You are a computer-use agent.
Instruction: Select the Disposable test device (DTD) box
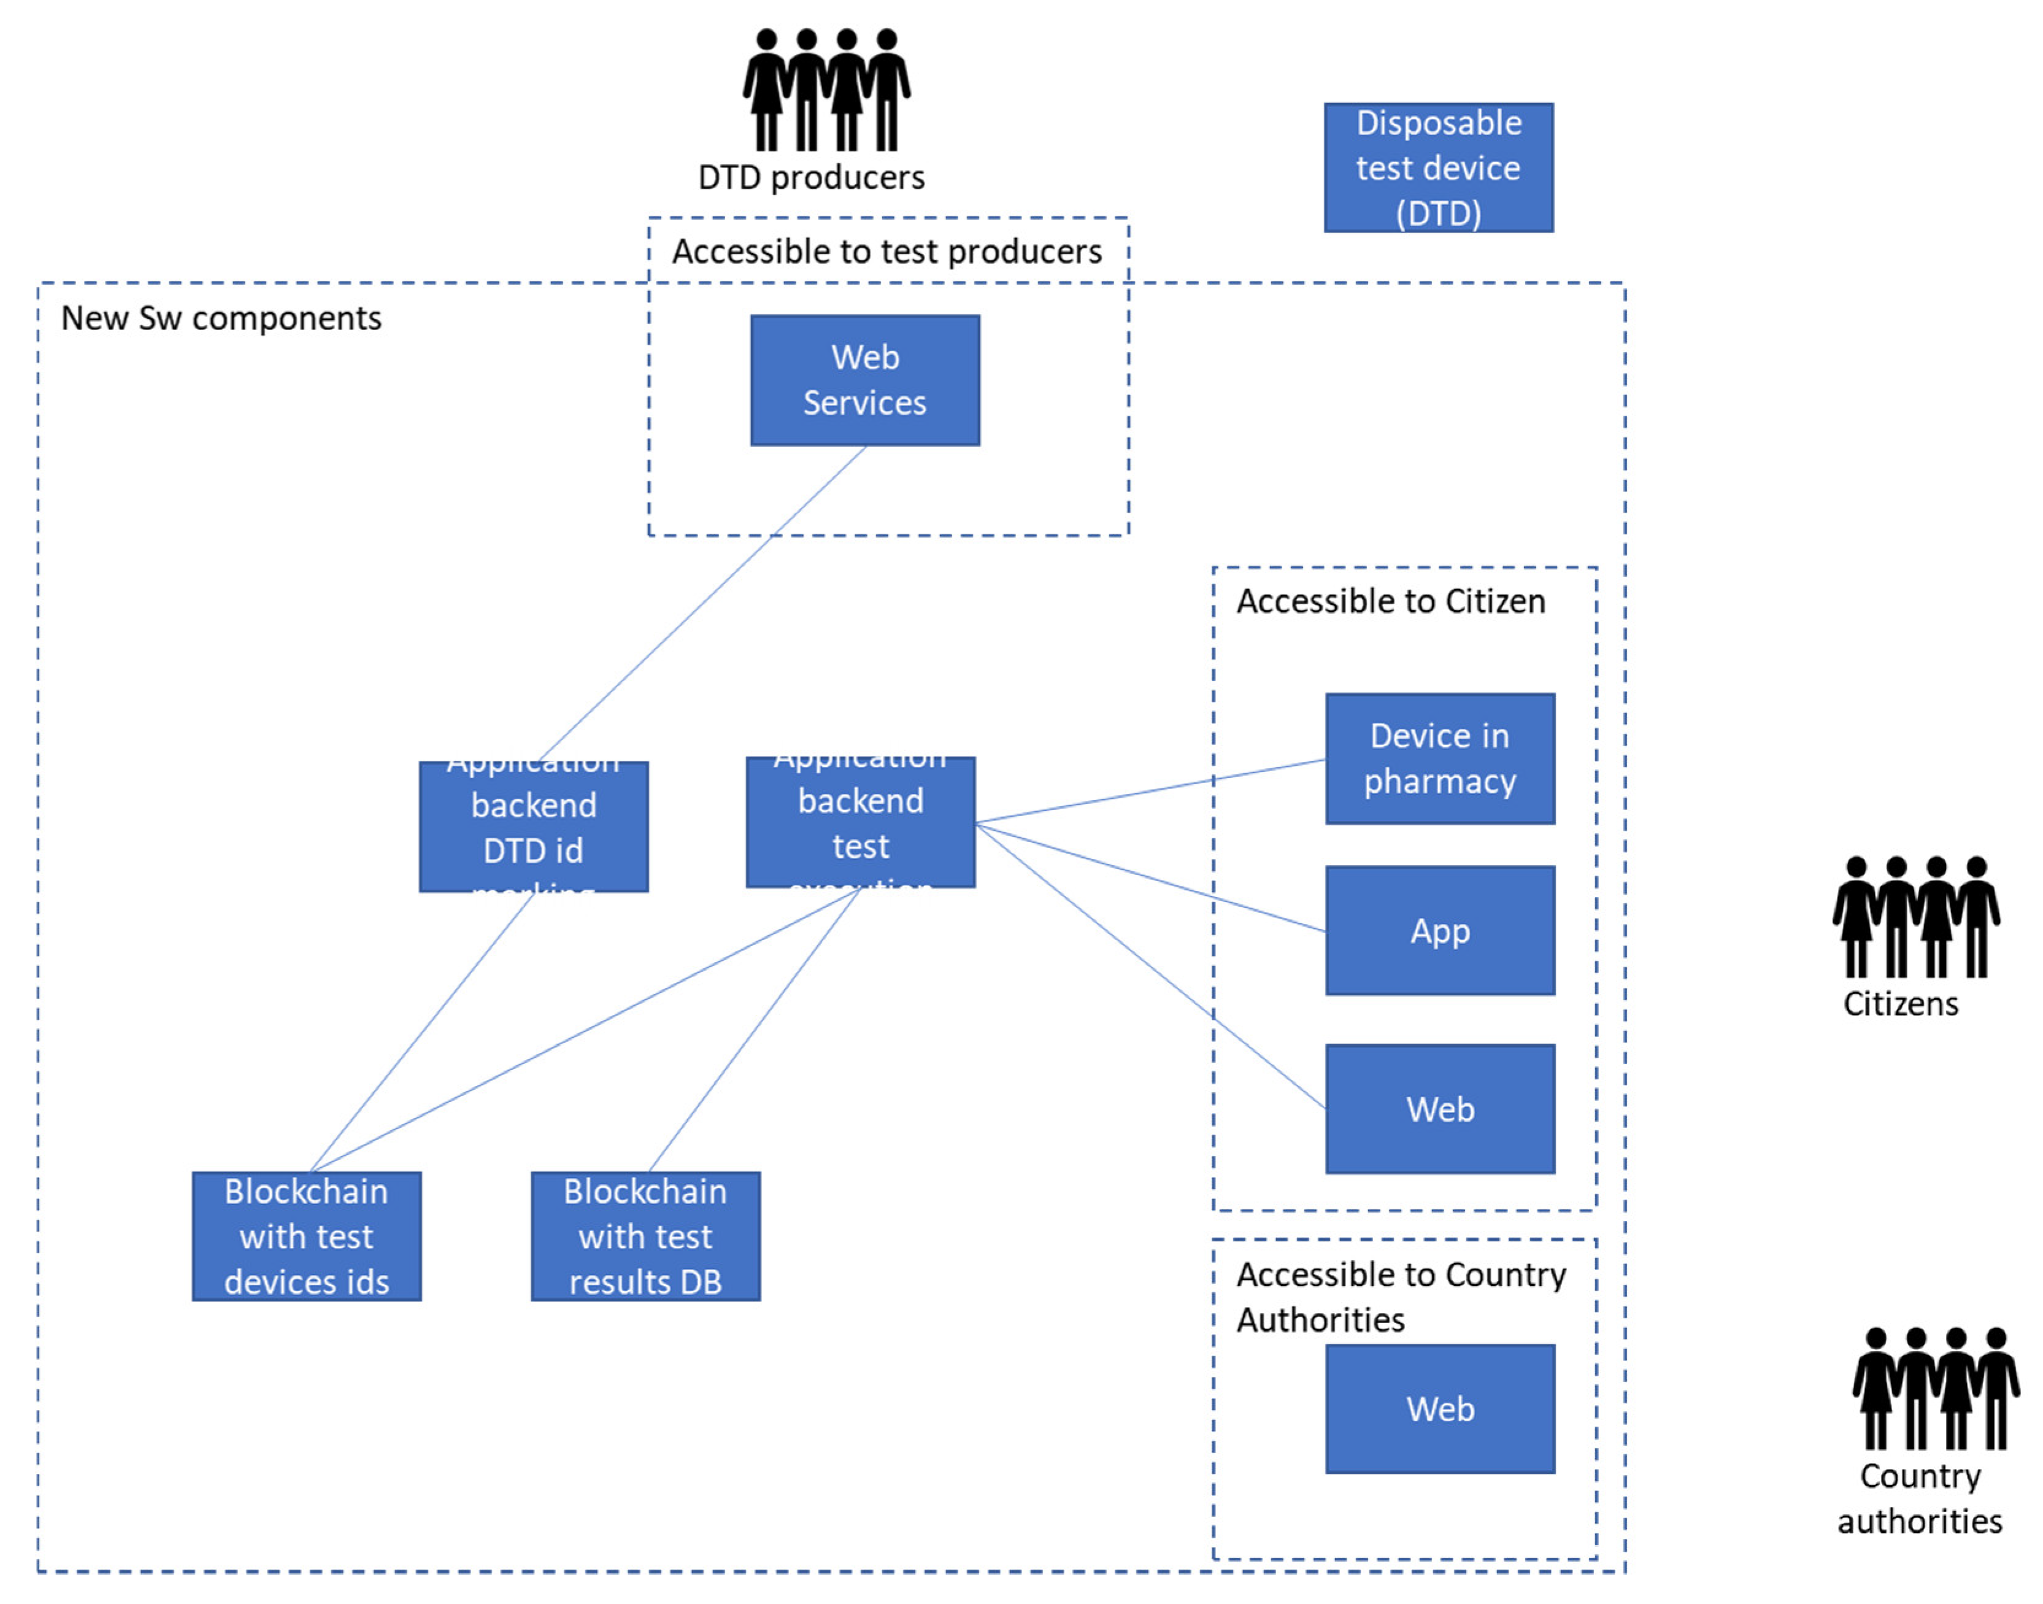click(x=1437, y=167)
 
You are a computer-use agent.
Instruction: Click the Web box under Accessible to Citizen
click(x=1439, y=1108)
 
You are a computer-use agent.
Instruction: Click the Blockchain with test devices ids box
click(x=306, y=1235)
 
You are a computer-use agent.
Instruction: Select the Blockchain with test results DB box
click(x=645, y=1235)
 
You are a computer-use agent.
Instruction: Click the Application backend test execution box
click(x=860, y=822)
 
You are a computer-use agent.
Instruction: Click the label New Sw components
click(x=221, y=318)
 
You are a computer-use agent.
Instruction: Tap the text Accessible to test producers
click(x=887, y=251)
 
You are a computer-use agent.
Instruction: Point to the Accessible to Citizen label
click(x=1390, y=600)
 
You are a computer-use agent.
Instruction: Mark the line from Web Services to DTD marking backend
click(x=702, y=603)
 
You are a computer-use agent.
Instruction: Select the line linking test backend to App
click(x=1150, y=876)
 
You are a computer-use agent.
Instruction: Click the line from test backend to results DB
click(x=754, y=1029)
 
